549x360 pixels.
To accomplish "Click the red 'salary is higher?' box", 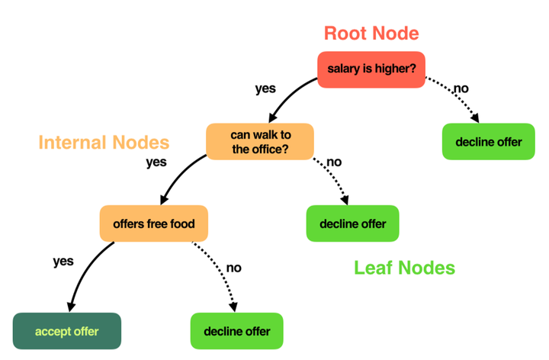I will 371,69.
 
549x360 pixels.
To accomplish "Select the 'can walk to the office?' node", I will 260,142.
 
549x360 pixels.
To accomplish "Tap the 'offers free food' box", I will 153,223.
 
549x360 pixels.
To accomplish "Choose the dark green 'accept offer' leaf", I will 67,331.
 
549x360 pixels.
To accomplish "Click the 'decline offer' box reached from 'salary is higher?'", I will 489,142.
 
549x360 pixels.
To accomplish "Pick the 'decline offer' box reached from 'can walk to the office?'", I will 352,223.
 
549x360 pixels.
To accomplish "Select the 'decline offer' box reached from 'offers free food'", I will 236,331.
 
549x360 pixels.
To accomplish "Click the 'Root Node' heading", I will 371,33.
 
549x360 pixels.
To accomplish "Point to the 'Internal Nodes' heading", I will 104,142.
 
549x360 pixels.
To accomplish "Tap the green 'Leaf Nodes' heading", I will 404,267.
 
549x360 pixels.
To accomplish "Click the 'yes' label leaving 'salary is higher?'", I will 265,88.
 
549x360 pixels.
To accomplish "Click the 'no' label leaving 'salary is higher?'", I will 461,88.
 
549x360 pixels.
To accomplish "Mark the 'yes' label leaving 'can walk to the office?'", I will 156,162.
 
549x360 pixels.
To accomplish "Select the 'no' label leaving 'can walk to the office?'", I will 333,162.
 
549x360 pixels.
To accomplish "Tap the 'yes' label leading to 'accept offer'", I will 63,261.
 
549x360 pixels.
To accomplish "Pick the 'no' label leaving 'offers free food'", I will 234,268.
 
